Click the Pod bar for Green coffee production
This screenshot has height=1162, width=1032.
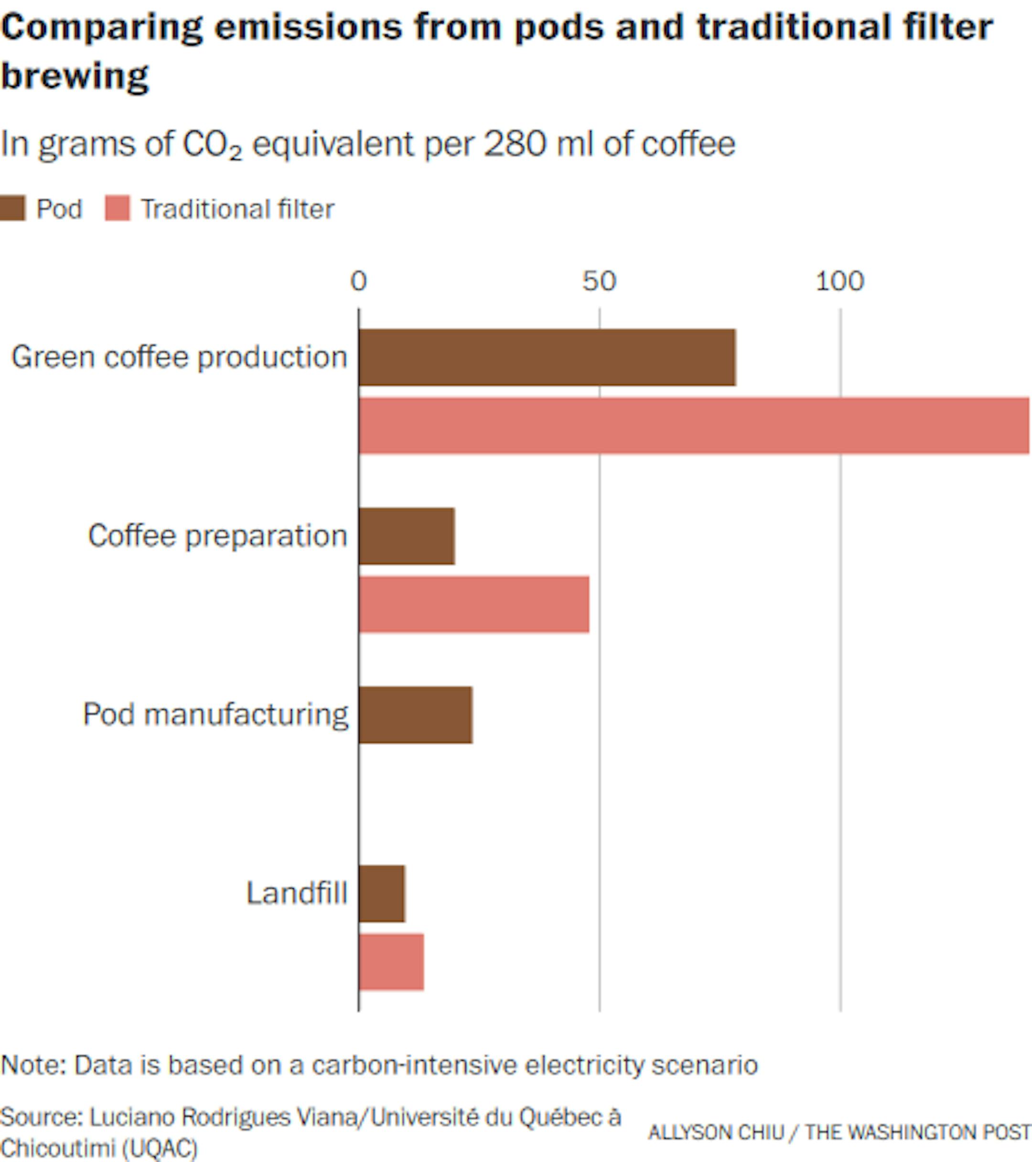pyautogui.click(x=547, y=358)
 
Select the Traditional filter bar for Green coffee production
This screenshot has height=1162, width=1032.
pyautogui.click(x=693, y=426)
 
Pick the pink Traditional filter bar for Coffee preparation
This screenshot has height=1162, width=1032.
pyautogui.click(x=474, y=604)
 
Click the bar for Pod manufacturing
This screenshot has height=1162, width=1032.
pyautogui.click(x=415, y=715)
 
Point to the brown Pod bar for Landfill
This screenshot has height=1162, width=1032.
pyautogui.click(x=382, y=894)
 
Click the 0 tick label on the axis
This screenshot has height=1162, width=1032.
pyautogui.click(x=359, y=282)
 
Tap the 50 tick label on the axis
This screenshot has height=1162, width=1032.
pyautogui.click(x=599, y=282)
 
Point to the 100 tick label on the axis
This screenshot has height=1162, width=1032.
pyautogui.click(x=840, y=282)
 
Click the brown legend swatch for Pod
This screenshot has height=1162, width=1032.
pyautogui.click(x=12, y=208)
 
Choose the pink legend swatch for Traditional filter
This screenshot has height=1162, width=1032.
pyautogui.click(x=118, y=208)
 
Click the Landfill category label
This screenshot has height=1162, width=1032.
pyautogui.click(x=297, y=893)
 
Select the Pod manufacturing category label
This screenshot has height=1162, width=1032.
pyautogui.click(x=215, y=715)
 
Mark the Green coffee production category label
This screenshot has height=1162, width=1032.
pyautogui.click(x=180, y=358)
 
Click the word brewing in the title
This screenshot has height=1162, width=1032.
pyautogui.click(x=75, y=76)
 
